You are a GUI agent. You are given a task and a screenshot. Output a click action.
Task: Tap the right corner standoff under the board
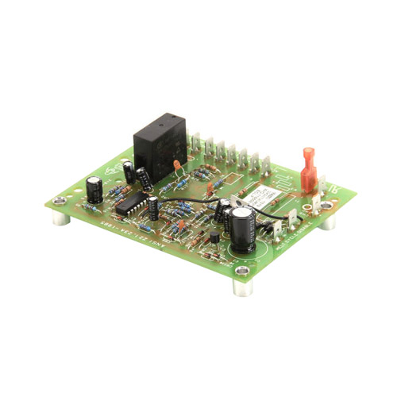(326, 220)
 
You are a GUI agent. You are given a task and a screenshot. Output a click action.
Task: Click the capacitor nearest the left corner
(94, 188)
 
